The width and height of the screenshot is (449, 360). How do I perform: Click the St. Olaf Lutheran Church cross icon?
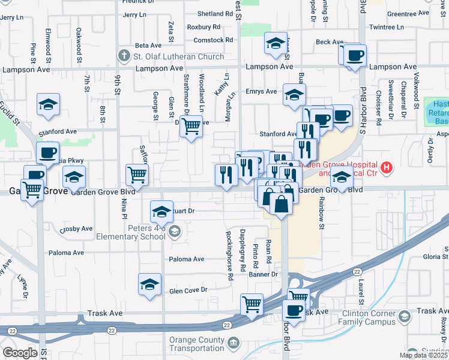[x=124, y=56]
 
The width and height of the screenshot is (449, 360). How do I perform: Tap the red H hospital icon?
[x=387, y=166]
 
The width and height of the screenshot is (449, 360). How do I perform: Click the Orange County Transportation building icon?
[x=234, y=342]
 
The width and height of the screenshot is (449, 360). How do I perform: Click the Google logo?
[x=20, y=352]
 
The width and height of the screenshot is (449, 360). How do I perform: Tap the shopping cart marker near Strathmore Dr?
[x=191, y=126]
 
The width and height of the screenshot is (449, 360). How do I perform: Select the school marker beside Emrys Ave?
[x=294, y=94]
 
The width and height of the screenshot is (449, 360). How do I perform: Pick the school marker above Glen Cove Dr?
[x=149, y=284]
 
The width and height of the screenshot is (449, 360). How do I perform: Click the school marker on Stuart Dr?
[x=161, y=211]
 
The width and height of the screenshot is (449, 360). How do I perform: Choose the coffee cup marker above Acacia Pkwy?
[x=47, y=152]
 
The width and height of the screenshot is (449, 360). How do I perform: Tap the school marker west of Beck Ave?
[x=276, y=43]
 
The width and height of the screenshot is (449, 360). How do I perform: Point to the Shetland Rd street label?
[x=214, y=14]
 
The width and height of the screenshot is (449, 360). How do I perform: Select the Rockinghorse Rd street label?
[x=229, y=256]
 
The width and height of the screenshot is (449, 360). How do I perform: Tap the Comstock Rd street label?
[x=213, y=40]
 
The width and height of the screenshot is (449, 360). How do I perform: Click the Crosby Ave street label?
[x=76, y=229]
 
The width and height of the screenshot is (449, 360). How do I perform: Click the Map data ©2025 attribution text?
[x=423, y=355]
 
